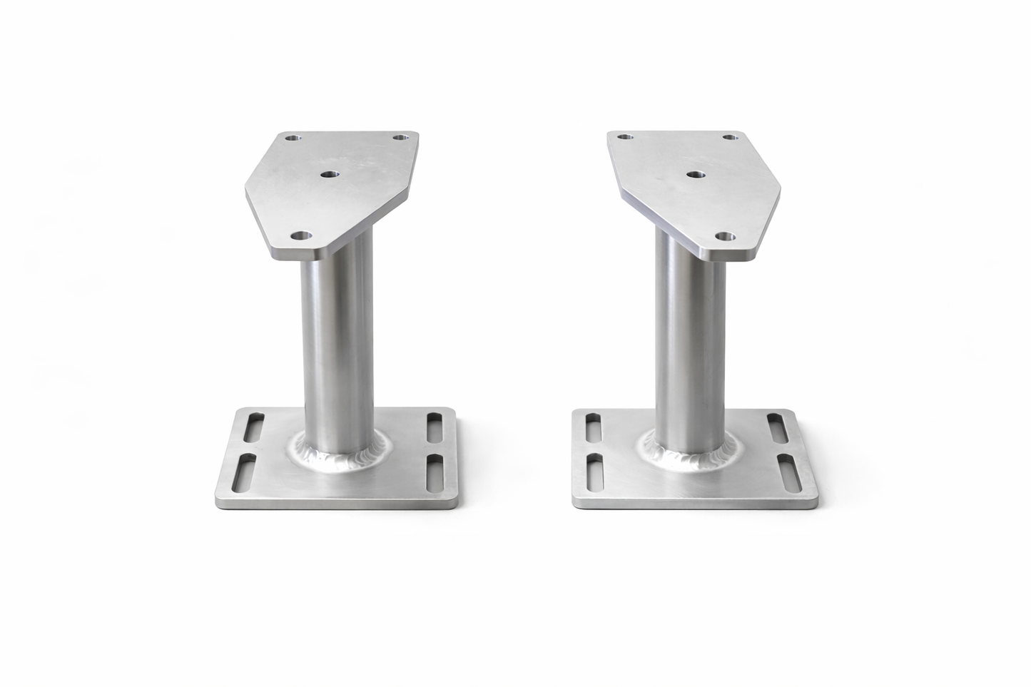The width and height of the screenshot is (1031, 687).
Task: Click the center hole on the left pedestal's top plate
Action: (329, 174)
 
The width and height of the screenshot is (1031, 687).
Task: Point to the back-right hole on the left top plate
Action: (404, 136)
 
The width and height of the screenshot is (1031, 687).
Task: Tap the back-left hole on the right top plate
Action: (625, 136)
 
